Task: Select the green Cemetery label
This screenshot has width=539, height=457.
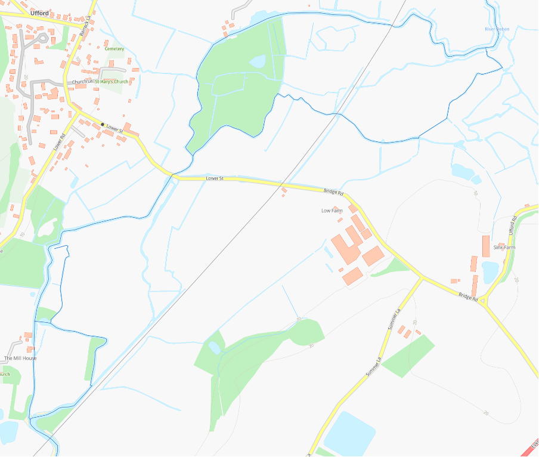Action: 114,49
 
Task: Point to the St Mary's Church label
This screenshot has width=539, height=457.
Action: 111,81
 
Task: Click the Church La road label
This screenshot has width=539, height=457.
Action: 82,82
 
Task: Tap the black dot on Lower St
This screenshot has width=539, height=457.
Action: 103,124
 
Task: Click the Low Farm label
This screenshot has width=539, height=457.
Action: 332,211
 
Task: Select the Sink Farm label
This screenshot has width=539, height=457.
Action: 504,247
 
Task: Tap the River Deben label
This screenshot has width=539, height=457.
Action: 496,29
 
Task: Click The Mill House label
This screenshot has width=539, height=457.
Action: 20,358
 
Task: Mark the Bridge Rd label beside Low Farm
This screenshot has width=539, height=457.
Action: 334,192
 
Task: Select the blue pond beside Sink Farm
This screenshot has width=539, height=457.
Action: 490,272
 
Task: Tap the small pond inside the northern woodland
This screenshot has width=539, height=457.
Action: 258,61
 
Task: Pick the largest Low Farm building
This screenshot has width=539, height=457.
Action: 345,249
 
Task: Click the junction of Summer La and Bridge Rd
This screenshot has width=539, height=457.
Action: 422,278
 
